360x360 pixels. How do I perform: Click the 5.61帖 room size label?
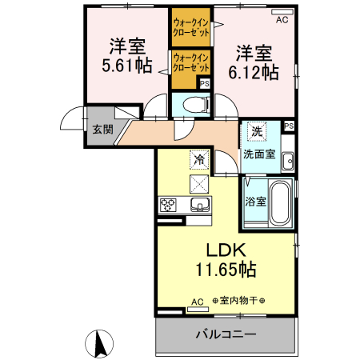[127, 66]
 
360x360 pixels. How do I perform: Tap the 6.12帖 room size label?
[254, 72]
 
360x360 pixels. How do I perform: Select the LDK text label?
[226, 250]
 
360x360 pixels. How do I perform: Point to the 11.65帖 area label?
[226, 270]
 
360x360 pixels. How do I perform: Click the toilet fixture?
[197, 104]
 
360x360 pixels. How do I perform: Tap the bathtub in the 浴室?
[280, 203]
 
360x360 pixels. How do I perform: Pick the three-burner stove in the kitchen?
[168, 205]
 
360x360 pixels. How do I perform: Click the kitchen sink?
[200, 205]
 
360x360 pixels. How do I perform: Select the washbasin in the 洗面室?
[288, 161]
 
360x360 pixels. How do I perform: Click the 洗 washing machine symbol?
[257, 131]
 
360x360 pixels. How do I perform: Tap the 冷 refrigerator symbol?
[199, 160]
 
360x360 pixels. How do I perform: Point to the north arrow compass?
[99, 344]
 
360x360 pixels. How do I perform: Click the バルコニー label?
[226, 334]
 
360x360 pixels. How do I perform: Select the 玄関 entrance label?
[103, 130]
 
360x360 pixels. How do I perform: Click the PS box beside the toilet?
[205, 84]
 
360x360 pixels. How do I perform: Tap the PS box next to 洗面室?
[289, 126]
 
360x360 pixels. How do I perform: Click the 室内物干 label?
[238, 301]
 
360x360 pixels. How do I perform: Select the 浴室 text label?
[255, 202]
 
